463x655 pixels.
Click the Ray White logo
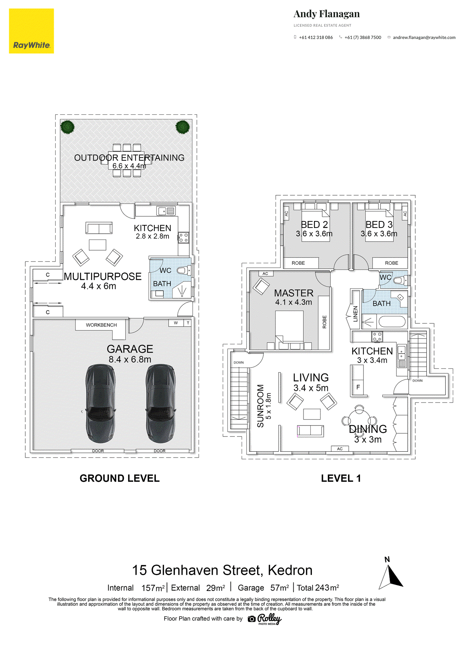point(31,31)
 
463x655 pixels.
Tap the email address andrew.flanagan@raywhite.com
point(424,37)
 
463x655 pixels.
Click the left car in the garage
point(100,403)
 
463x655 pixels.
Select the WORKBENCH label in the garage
point(101,325)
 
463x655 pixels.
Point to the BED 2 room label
point(314,225)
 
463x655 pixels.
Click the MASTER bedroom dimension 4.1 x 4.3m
point(293,302)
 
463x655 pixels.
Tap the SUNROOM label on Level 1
point(260,406)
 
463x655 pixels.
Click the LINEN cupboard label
point(355,314)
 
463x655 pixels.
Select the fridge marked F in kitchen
point(358,387)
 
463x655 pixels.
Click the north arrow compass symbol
point(391,576)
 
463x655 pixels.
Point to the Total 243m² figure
point(318,588)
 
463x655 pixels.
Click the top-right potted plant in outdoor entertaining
point(183,127)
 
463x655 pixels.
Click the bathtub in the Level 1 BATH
point(392,321)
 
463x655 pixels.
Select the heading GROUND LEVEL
point(119,478)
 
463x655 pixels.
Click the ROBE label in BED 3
point(391,263)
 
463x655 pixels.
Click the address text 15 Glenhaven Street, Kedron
point(222,570)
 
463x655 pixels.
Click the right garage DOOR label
point(160,451)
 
